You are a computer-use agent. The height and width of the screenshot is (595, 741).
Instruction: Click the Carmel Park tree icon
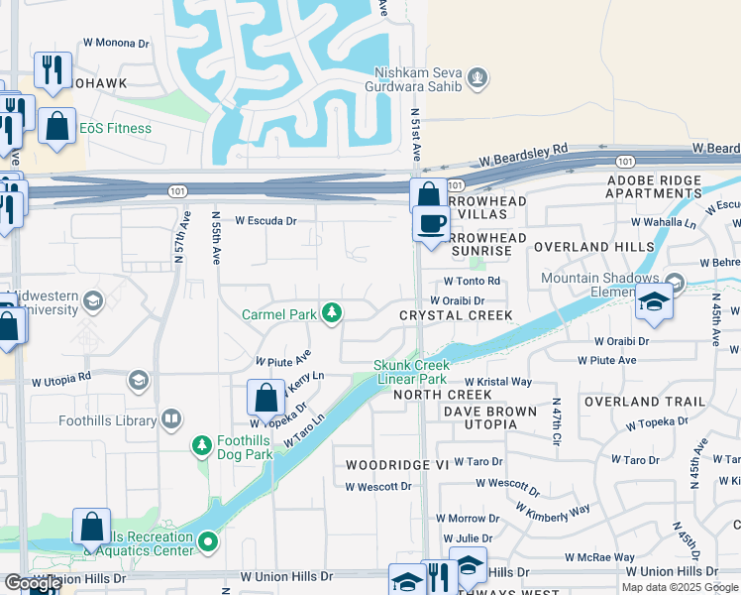332,313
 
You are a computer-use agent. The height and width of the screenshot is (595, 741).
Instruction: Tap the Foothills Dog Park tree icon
202,443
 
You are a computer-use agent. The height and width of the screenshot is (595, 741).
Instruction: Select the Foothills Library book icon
172,418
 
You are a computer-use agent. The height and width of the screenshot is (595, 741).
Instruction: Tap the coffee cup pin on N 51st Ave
431,224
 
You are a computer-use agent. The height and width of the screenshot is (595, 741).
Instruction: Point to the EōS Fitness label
116,128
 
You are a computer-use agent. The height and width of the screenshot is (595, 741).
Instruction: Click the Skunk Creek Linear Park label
411,372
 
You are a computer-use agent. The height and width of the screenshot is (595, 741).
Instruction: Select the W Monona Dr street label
115,44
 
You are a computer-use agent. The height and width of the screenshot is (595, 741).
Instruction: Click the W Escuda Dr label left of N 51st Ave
265,220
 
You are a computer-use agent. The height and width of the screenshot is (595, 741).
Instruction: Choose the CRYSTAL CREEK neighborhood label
456,315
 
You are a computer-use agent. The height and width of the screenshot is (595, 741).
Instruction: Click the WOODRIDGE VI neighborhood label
397,464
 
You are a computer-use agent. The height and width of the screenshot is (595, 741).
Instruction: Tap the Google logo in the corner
32,583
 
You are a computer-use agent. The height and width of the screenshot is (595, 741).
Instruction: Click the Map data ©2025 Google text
681,587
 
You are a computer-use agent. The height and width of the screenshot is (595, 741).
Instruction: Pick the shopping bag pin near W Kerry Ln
265,399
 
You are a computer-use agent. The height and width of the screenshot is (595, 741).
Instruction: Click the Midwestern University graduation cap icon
93,299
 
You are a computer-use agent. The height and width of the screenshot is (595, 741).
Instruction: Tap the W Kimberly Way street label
553,510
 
